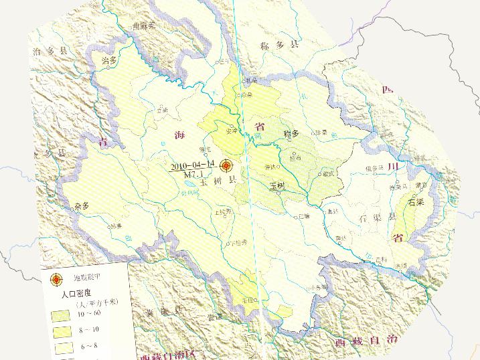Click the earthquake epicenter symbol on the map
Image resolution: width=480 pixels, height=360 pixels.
click(226, 165)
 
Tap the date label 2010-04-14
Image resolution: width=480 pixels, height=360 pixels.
click(192, 164)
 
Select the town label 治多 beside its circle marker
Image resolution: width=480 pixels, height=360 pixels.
click(109, 60)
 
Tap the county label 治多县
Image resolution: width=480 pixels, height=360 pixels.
click(50, 51)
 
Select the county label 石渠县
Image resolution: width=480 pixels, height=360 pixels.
click(377, 218)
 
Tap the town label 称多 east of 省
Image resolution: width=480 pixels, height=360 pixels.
click(291, 133)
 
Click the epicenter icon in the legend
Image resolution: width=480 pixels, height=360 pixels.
click(57, 280)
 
